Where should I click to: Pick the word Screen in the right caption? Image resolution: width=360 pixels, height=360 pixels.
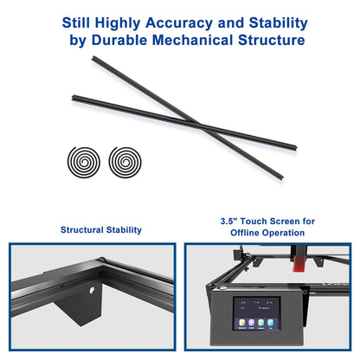coord(288,222)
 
